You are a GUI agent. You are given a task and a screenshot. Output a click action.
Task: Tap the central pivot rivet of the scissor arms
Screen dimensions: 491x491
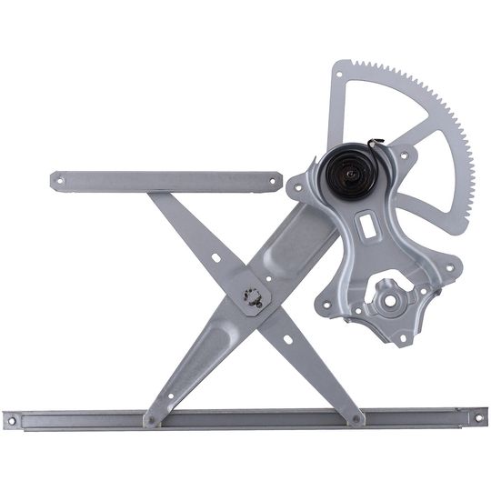point(254,297)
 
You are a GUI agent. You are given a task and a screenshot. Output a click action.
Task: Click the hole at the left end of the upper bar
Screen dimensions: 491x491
point(60,180)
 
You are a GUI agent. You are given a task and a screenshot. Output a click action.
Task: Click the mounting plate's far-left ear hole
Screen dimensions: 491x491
point(296,188)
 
